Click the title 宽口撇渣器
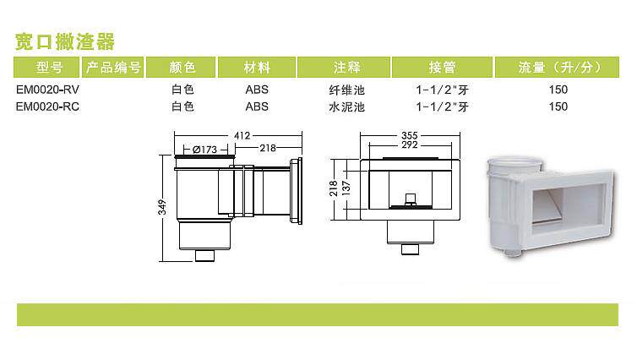65,41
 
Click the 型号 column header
49,68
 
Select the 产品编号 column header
114,68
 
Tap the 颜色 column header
182,68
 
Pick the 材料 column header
257,68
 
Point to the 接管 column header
443,68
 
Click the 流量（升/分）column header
558,68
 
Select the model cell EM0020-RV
48,90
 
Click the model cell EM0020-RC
48,106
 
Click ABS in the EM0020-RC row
257,106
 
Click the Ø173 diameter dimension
205,149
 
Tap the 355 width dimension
411,134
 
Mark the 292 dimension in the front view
411,145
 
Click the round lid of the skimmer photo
510,166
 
